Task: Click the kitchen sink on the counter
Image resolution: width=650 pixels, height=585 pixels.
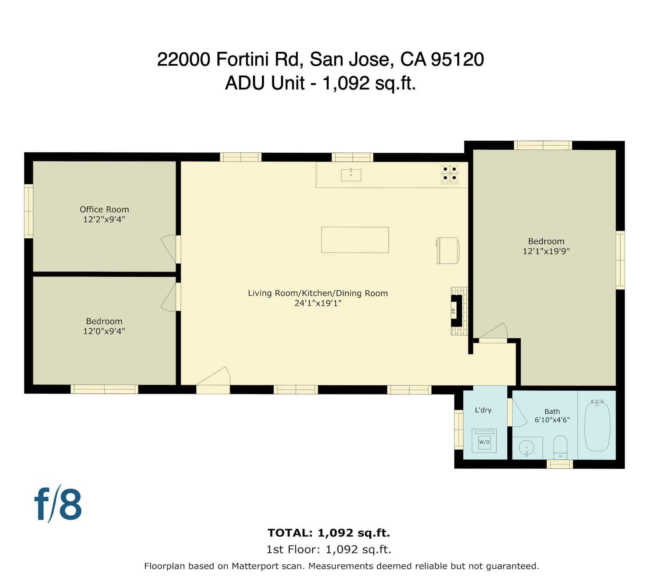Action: click(x=351, y=175)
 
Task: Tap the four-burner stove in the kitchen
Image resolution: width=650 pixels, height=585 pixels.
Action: click(x=449, y=174)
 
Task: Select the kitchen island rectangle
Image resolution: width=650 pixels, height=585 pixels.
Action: click(x=355, y=240)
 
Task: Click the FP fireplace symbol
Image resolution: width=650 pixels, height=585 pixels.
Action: click(x=456, y=311)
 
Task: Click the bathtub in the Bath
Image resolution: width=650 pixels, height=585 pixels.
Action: click(x=597, y=426)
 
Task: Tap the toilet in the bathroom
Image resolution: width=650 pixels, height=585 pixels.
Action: click(x=560, y=447)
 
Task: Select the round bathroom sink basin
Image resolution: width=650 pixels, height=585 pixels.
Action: click(x=526, y=448)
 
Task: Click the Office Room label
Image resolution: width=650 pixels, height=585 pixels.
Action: click(x=104, y=209)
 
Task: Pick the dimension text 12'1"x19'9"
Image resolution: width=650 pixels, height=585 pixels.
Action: click(x=546, y=251)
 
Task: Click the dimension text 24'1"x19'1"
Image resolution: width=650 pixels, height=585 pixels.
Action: click(x=318, y=303)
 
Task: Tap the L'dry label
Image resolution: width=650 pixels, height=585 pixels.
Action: click(x=483, y=410)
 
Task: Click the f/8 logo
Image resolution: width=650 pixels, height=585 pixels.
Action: click(x=58, y=504)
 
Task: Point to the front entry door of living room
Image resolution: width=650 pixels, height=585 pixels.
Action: click(x=213, y=385)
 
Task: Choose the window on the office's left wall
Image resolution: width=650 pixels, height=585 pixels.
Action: click(x=29, y=211)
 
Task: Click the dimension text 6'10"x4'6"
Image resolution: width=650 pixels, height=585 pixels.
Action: click(x=552, y=420)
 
